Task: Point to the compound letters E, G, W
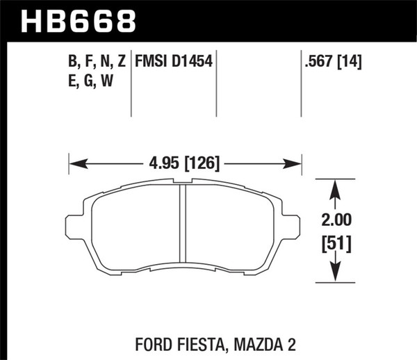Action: (89, 81)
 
